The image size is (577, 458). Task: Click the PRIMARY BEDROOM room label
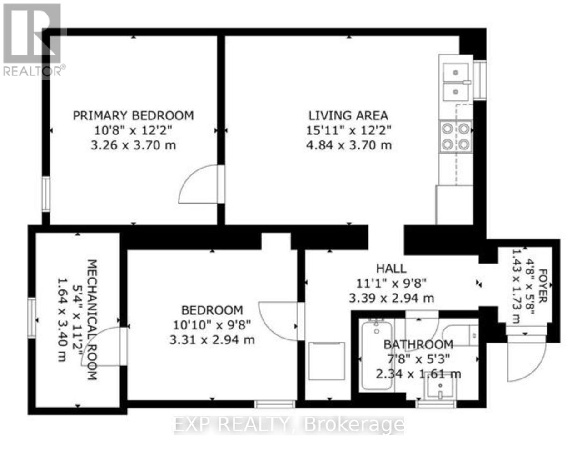pyautogui.click(x=134, y=115)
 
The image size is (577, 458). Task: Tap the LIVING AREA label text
pyautogui.click(x=348, y=115)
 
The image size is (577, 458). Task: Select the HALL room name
pyautogui.click(x=391, y=269)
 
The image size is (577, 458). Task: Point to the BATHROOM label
pyautogui.click(x=418, y=344)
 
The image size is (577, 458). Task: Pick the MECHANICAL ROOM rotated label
pyautogui.click(x=91, y=319)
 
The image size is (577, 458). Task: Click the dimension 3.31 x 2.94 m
pyautogui.click(x=212, y=340)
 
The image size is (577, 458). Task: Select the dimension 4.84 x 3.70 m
pyautogui.click(x=348, y=145)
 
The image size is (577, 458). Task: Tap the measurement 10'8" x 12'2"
pyautogui.click(x=134, y=130)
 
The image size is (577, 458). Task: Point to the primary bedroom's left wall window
pyautogui.click(x=46, y=194)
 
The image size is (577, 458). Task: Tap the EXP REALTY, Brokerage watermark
pyautogui.click(x=289, y=425)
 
